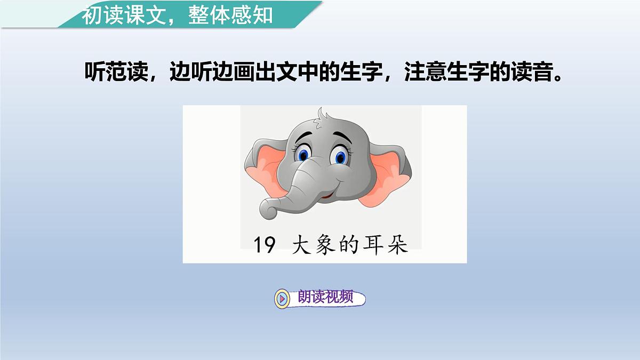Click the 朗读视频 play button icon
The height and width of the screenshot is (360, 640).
pyautogui.click(x=282, y=298)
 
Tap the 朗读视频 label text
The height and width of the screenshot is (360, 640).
pyautogui.click(x=325, y=298)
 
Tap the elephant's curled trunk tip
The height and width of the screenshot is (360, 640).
pyautogui.click(x=270, y=211)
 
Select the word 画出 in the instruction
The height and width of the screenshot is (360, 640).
pyautogui.click(x=251, y=73)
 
